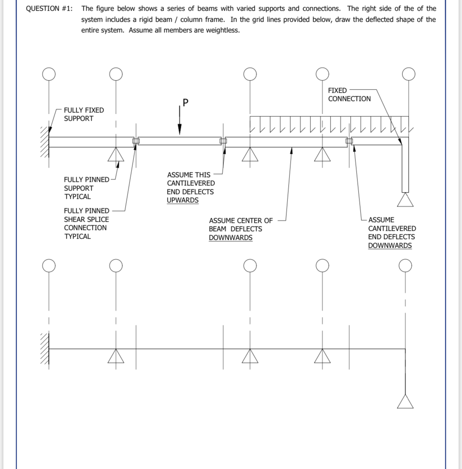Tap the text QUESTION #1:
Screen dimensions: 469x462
coord(49,9)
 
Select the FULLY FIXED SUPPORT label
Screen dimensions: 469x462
coord(84,114)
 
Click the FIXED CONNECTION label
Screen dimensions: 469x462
coord(349,95)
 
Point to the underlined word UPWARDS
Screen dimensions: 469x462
coord(182,200)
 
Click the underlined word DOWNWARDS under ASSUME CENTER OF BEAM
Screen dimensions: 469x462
coord(230,238)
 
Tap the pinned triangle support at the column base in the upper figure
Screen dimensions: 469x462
coord(405,200)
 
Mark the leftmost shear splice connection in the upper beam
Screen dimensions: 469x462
coord(136,141)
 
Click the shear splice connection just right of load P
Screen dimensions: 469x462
coord(223,141)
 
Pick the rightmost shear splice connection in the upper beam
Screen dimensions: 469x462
coord(349,141)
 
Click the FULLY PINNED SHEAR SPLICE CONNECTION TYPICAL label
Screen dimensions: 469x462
coord(86,224)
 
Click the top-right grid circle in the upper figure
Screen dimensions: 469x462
coord(408,74)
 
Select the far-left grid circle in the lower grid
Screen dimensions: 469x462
coord(49,266)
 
